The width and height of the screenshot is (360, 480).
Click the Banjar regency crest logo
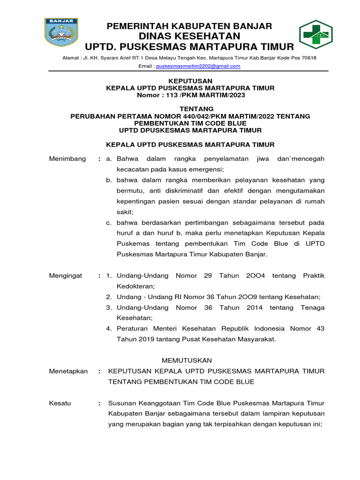click(x=61, y=32)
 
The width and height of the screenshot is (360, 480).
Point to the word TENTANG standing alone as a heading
click(x=190, y=109)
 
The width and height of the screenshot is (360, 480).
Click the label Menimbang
click(x=67, y=159)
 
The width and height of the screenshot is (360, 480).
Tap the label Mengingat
click(x=66, y=276)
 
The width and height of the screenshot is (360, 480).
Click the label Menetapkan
click(x=68, y=371)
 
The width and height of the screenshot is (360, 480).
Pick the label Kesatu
click(x=60, y=403)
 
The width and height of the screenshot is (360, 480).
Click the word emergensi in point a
click(x=206, y=169)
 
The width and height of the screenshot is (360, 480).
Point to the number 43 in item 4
click(x=320, y=329)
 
